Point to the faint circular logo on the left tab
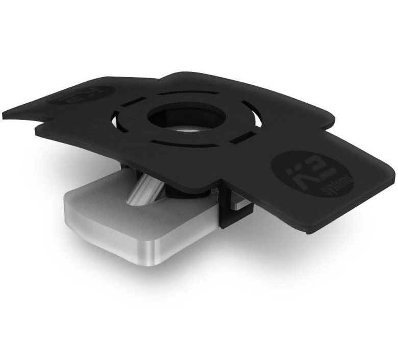82,94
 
